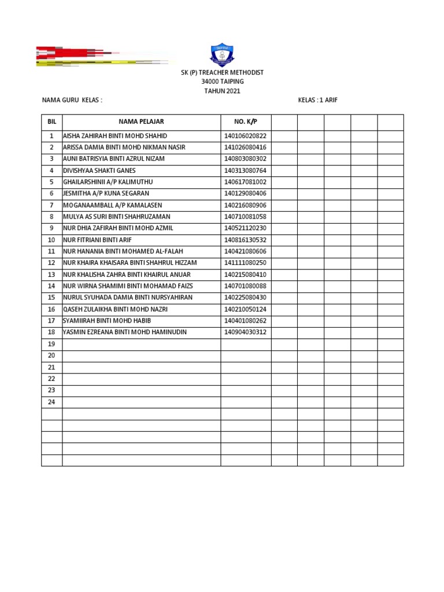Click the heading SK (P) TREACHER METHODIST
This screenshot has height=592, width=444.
point(222,72)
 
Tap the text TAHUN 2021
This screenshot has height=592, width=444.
point(222,91)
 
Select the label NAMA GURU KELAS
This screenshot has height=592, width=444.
point(72,100)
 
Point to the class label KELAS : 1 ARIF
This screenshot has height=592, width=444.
point(317,100)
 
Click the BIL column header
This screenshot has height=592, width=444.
point(51,121)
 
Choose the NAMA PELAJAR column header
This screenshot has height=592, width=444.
point(141,121)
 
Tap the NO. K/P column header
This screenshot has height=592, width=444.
point(245,121)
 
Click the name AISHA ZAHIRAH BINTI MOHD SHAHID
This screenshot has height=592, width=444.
point(114,136)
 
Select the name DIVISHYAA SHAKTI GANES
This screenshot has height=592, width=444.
point(99,171)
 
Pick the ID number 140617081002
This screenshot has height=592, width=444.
point(245,182)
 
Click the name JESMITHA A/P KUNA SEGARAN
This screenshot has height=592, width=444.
point(106,194)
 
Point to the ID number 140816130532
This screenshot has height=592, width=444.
point(245,240)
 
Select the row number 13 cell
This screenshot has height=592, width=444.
point(51,275)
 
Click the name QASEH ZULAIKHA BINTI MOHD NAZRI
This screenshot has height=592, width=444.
point(116,309)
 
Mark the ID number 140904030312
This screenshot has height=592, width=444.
point(245,332)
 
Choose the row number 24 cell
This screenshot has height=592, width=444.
point(51,402)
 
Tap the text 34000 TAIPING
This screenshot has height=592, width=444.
point(222,82)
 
